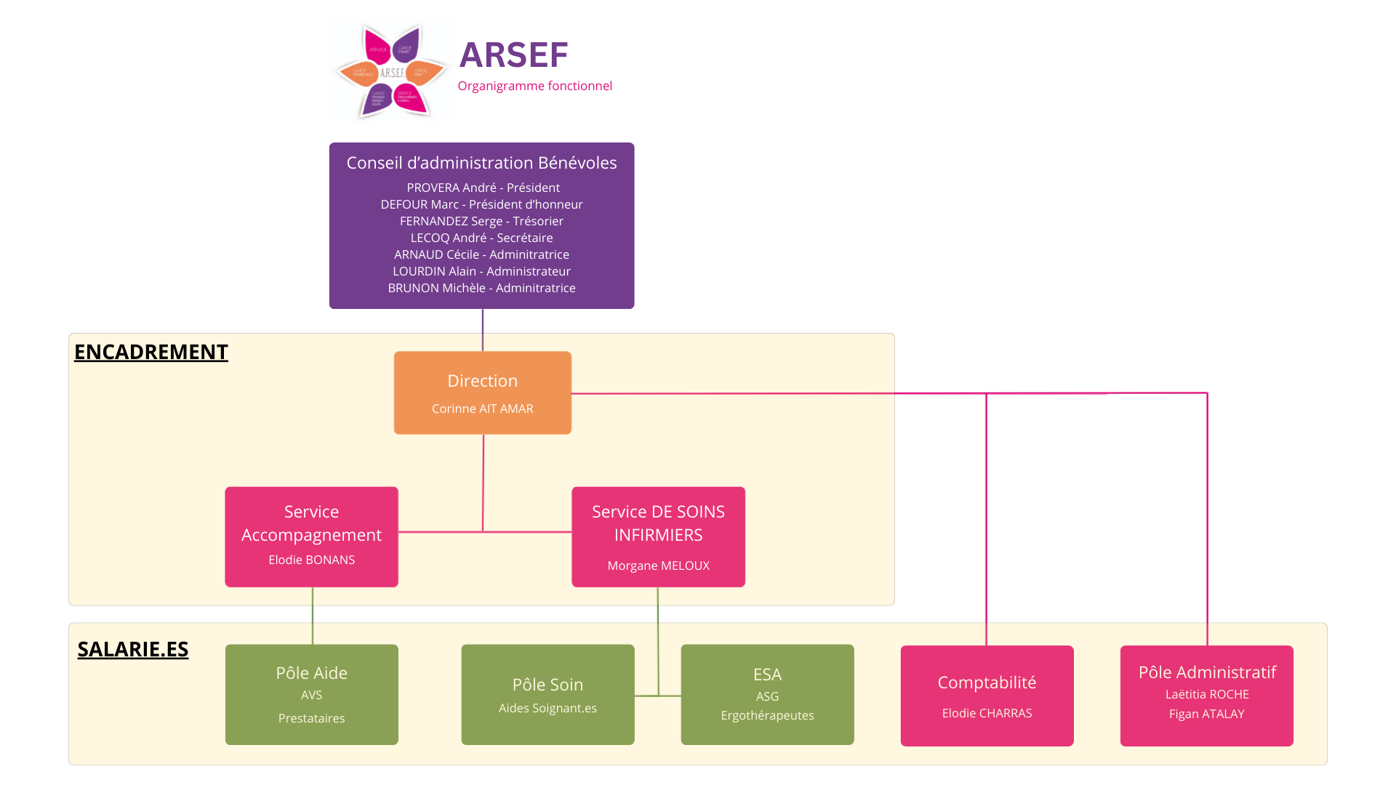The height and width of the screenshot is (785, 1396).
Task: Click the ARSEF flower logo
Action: click(391, 71)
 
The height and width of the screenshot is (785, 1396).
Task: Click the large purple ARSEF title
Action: click(513, 55)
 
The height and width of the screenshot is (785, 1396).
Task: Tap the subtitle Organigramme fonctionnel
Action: click(534, 86)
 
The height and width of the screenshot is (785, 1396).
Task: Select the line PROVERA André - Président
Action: click(483, 188)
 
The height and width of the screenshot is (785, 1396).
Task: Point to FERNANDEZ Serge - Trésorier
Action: click(481, 221)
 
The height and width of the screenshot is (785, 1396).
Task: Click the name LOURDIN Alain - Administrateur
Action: click(481, 271)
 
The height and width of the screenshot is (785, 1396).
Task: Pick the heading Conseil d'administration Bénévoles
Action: click(481, 163)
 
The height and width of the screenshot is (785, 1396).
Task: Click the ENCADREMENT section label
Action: click(151, 352)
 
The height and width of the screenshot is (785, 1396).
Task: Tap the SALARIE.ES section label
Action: click(132, 649)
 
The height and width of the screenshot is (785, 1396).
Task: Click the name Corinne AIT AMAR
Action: click(483, 408)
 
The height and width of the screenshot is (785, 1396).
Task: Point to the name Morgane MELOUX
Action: click(658, 565)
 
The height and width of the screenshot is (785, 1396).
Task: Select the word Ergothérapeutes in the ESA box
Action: click(767, 715)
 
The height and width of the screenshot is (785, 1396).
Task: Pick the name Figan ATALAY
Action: click(1206, 714)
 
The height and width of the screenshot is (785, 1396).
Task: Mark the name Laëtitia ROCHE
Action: click(1207, 694)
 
